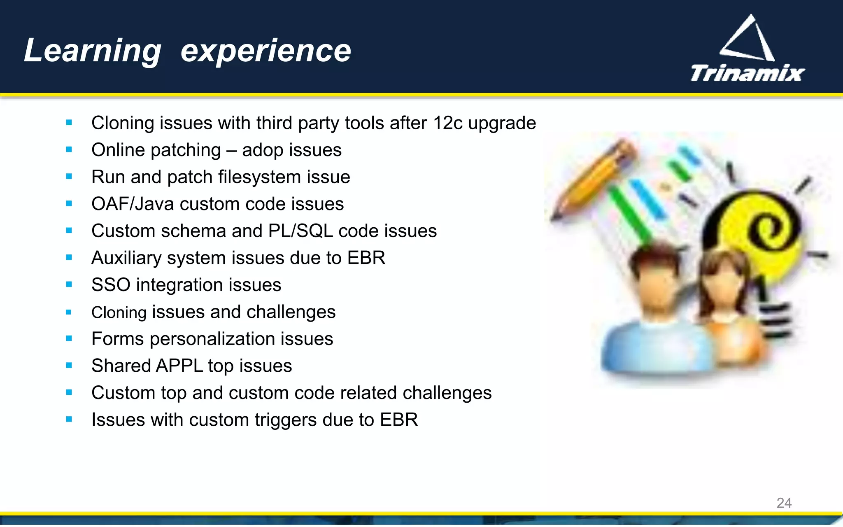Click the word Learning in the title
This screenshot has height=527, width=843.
pyautogui.click(x=93, y=51)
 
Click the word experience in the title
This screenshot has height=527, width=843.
pyautogui.click(x=265, y=51)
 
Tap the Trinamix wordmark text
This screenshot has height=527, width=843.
pyautogui.click(x=747, y=74)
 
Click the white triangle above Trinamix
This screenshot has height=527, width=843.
pyautogui.click(x=748, y=39)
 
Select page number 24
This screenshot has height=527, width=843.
pyautogui.click(x=784, y=503)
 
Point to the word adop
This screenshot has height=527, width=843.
pyautogui.click(x=261, y=150)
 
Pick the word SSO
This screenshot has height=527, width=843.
pyautogui.click(x=111, y=285)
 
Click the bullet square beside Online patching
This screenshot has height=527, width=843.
pyautogui.click(x=69, y=150)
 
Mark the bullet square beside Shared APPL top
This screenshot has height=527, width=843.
pyautogui.click(x=69, y=366)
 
